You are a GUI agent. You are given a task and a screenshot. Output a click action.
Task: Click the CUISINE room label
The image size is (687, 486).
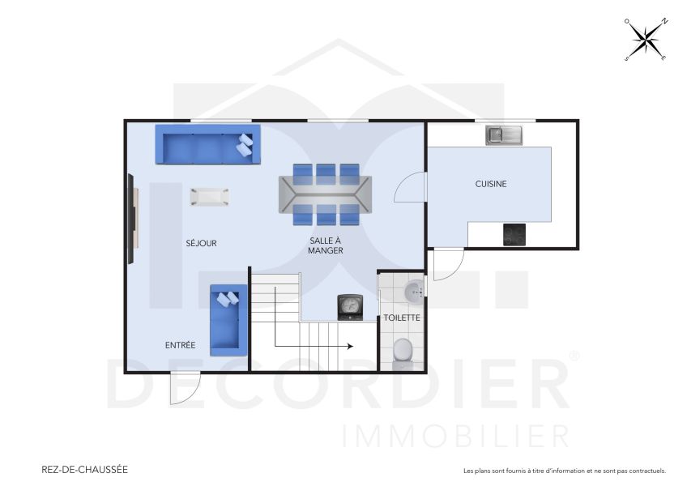tap(491, 184)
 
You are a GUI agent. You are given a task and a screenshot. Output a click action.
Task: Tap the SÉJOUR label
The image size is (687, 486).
tap(201, 243)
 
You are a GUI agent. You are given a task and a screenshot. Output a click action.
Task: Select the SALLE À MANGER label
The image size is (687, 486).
tap(326, 245)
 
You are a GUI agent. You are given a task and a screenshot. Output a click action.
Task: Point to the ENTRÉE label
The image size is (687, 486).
tap(180, 345)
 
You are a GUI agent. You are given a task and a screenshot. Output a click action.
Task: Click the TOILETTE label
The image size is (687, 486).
tap(402, 318)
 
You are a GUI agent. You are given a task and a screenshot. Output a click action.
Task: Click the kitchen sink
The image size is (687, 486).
tap(505, 135)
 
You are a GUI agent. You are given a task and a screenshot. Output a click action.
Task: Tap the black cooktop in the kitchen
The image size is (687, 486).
tap(514, 234)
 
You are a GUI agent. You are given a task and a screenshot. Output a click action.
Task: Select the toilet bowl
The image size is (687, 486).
tap(402, 351)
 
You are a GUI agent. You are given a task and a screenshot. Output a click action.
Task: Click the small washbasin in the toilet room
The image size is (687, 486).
tap(415, 290)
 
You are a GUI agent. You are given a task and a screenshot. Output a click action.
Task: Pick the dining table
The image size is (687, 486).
tap(326, 194)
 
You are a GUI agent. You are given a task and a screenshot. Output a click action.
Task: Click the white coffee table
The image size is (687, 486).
tap(209, 196)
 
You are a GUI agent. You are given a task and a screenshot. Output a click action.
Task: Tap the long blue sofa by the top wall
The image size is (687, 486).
tap(207, 145)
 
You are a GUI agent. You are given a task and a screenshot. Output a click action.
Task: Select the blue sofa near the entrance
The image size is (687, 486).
tap(228, 318)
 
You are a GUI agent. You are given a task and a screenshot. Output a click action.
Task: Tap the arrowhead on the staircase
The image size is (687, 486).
tap(349, 346)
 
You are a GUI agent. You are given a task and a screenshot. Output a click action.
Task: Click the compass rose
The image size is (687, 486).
tap(646, 39)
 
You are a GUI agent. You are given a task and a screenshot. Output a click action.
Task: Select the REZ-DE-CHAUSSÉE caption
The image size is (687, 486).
tap(84, 469)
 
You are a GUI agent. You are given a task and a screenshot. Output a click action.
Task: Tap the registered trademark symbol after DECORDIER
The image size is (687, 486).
tap(574, 356)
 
